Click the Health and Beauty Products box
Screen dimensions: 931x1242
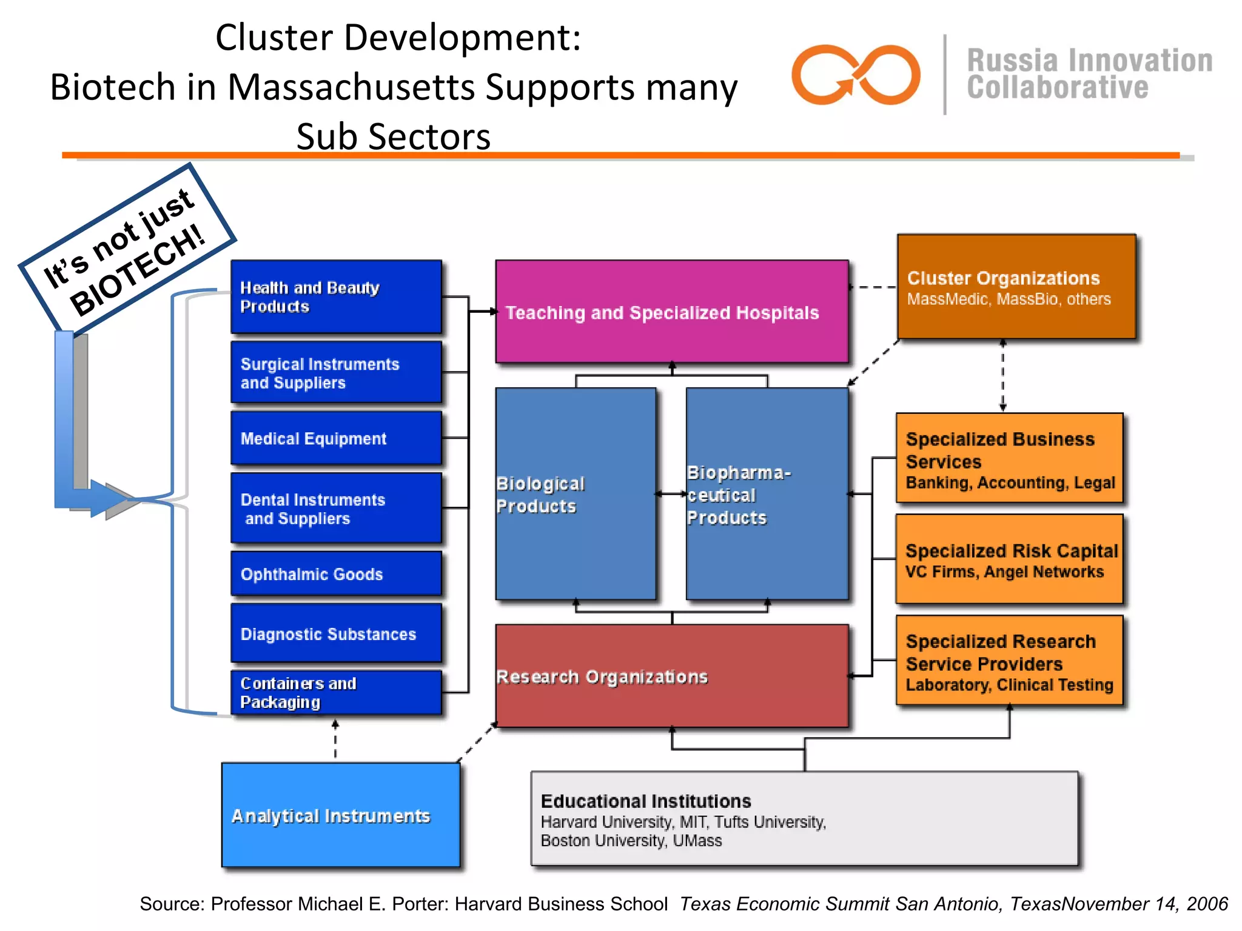(336, 296)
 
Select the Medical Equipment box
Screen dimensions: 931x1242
(336, 438)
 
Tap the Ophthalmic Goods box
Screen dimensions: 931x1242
(336, 573)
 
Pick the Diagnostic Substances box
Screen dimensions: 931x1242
(336, 633)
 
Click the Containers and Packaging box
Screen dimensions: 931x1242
(336, 692)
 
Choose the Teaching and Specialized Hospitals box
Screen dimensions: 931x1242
(671, 312)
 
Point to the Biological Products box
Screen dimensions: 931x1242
(576, 494)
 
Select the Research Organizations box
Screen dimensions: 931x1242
(671, 676)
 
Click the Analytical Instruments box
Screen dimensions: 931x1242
(340, 815)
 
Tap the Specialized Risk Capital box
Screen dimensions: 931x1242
(1010, 559)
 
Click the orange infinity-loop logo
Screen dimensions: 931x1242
(856, 75)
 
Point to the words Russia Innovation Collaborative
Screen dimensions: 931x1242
(1089, 74)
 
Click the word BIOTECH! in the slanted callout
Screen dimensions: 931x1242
(138, 270)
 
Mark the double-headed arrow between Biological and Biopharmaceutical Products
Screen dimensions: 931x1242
(671, 494)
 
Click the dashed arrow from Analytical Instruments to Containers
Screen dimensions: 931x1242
(335, 739)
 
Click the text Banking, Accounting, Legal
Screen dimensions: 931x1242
(1010, 483)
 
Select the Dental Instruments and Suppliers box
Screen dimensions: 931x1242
(336, 508)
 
